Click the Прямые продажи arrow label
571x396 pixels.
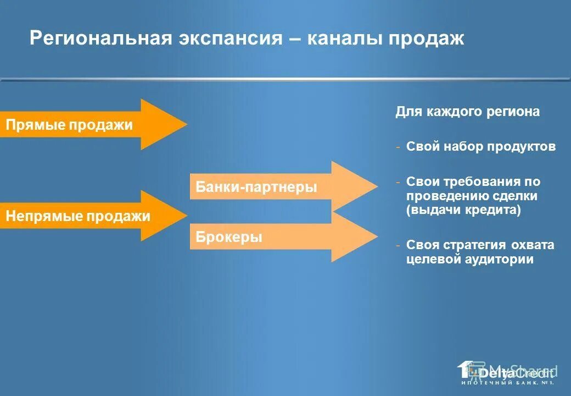69,125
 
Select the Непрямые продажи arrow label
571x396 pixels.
77,216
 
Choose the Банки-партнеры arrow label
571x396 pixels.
256,187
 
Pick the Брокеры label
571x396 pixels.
229,238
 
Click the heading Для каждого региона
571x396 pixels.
467,112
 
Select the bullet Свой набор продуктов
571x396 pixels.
481,147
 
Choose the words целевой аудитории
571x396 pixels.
470,260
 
